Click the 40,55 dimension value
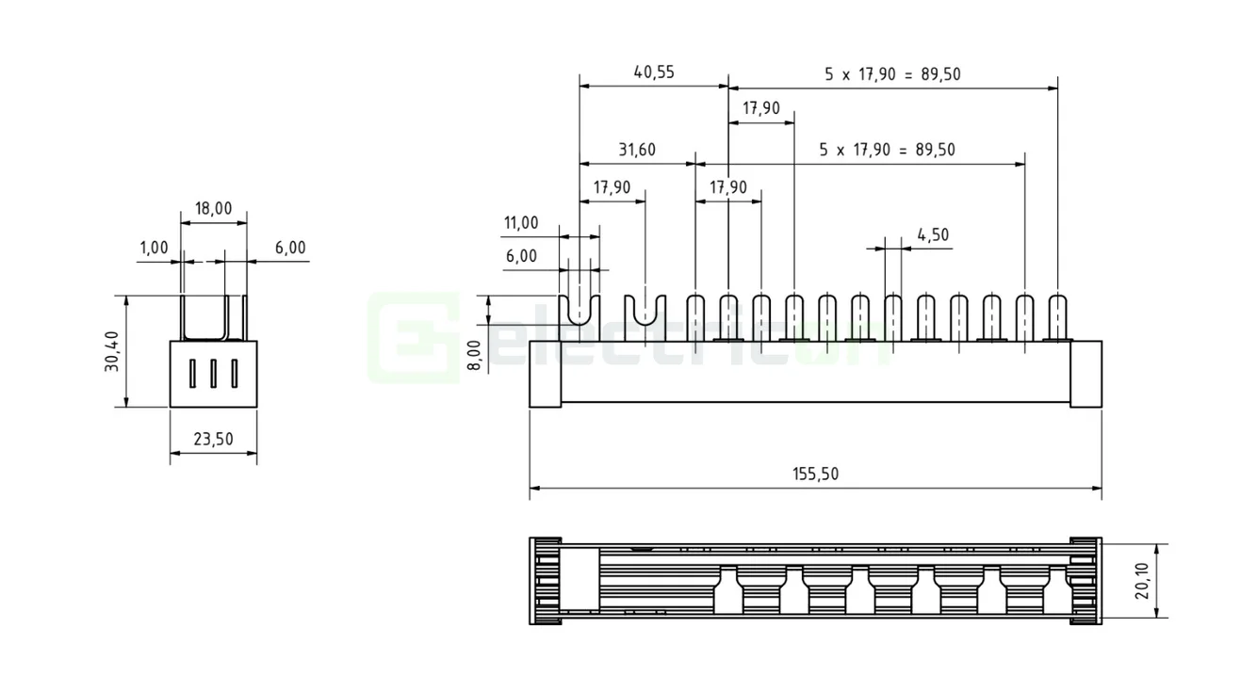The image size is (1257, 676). point(654,72)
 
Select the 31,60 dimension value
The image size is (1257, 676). point(637,150)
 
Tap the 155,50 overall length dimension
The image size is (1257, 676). point(816,475)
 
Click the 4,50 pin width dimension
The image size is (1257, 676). point(932,235)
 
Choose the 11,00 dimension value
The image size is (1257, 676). point(521,223)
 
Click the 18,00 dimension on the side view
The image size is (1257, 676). point(213,208)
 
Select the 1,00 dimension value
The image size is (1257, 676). point(153,248)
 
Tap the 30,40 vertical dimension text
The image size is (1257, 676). point(112,350)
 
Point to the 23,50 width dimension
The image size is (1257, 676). point(213,440)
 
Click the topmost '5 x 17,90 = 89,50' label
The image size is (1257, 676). point(892,74)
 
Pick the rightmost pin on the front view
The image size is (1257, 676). point(1058,316)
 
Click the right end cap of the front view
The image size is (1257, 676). point(1086,373)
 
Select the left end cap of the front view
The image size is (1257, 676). point(546,373)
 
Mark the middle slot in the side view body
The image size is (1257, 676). point(213,374)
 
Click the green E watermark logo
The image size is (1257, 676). point(412,338)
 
